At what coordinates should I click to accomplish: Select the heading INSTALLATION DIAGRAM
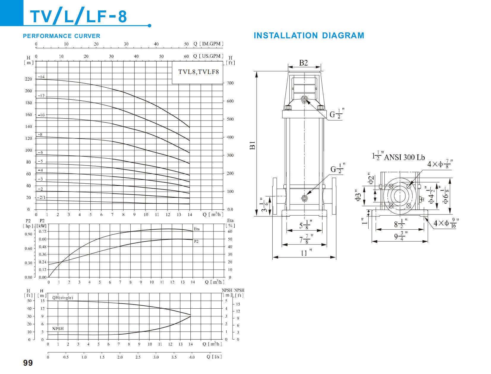[x=309, y=36]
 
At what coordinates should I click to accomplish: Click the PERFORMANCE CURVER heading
[x=61, y=36]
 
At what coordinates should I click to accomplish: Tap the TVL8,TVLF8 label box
[x=198, y=72]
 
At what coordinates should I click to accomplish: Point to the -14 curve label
[x=41, y=77]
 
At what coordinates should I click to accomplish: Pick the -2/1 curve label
[x=42, y=197]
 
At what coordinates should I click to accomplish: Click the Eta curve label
[x=197, y=229]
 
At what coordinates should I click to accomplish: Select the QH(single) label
[x=62, y=298]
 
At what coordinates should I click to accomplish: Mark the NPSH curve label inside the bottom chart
[x=58, y=329]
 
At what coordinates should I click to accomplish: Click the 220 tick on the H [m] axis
[x=28, y=79]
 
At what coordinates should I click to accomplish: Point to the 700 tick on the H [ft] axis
[x=230, y=83]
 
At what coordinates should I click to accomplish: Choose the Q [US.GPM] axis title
[x=208, y=56]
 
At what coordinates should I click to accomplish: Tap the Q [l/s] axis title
[x=214, y=357]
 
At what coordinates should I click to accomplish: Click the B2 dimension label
[x=303, y=63]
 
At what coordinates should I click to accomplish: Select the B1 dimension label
[x=252, y=146]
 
